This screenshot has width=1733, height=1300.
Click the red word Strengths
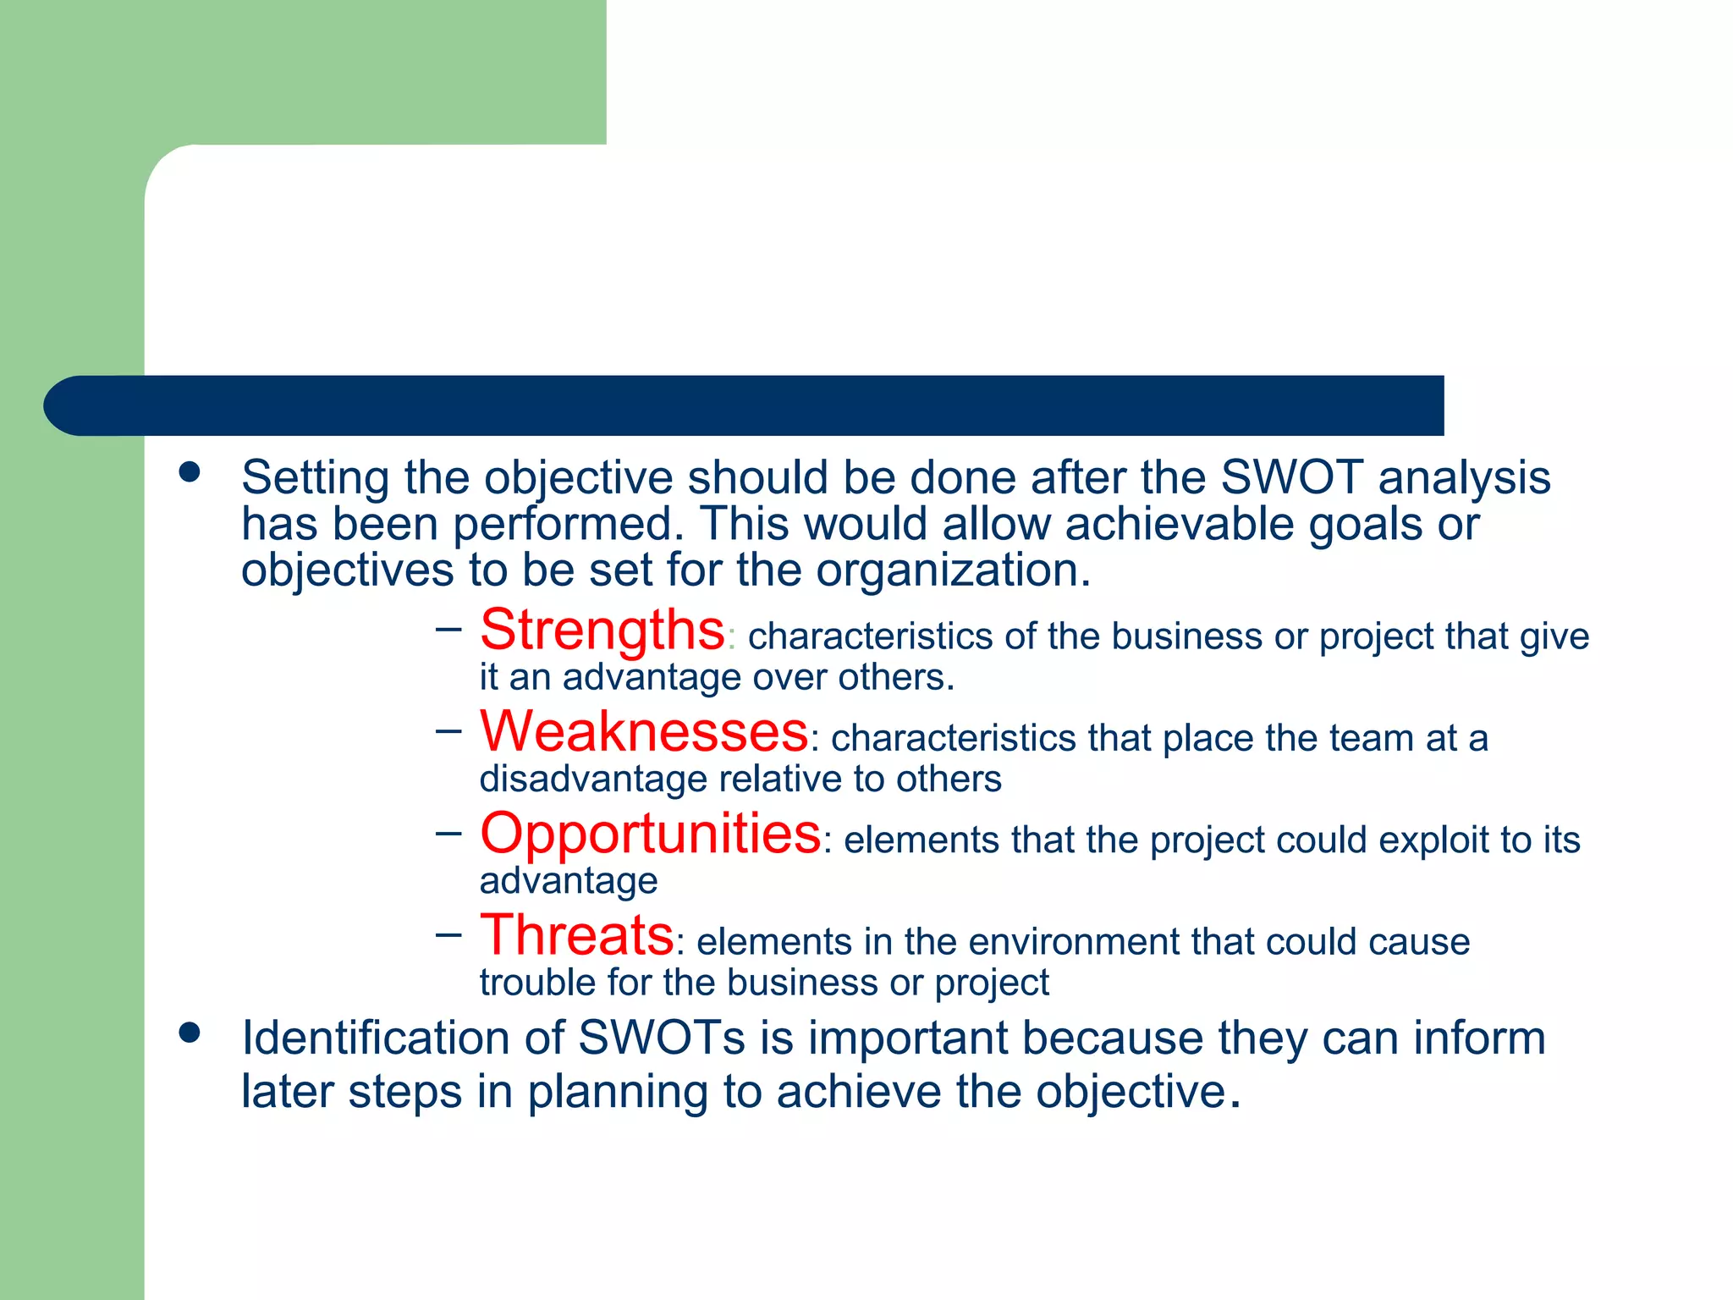click(602, 631)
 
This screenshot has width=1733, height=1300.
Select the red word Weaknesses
click(644, 732)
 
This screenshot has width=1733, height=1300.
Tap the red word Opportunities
click(650, 834)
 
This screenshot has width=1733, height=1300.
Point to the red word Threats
click(577, 935)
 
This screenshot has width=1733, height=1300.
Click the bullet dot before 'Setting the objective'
click(190, 472)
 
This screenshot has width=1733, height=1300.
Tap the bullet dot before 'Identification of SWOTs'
click(190, 1033)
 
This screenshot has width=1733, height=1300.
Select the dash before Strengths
click(449, 628)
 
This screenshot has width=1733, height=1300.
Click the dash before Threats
click(449, 934)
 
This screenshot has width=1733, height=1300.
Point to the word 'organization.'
click(954, 570)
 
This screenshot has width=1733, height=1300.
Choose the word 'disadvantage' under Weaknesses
click(593, 779)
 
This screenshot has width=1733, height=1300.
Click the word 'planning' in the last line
click(618, 1092)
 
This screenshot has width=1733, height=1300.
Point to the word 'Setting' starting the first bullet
click(315, 478)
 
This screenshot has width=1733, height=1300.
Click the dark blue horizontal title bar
click(745, 405)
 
